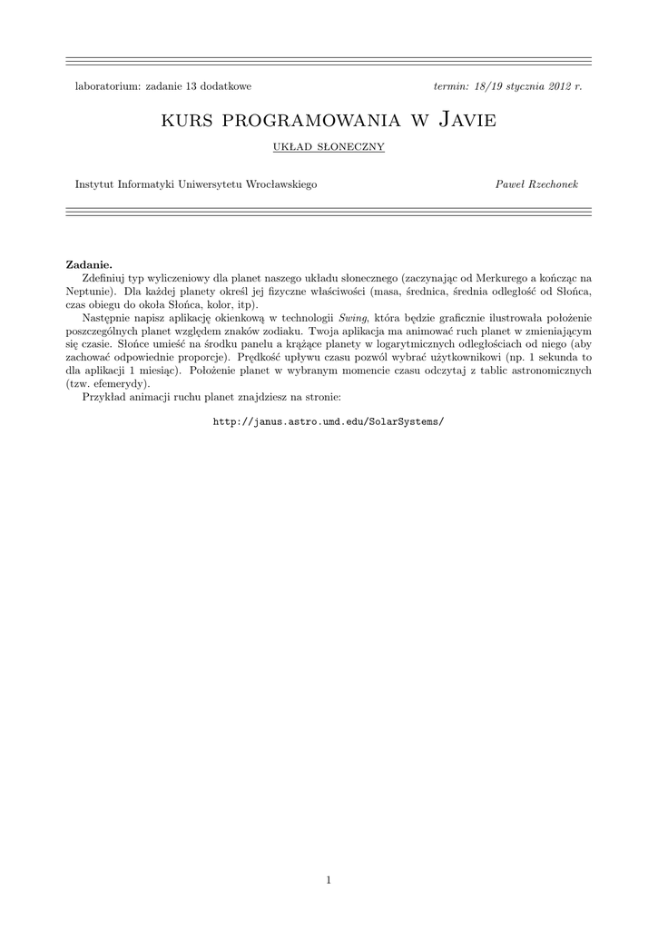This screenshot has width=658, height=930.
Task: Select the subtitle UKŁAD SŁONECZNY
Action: click(329, 146)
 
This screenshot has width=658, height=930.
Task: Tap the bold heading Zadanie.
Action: click(89, 262)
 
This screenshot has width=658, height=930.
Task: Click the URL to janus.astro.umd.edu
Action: click(329, 422)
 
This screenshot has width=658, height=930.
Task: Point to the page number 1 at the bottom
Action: click(329, 879)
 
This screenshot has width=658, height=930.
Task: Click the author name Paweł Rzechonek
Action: click(536, 184)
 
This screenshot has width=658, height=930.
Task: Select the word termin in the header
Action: click(451, 85)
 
